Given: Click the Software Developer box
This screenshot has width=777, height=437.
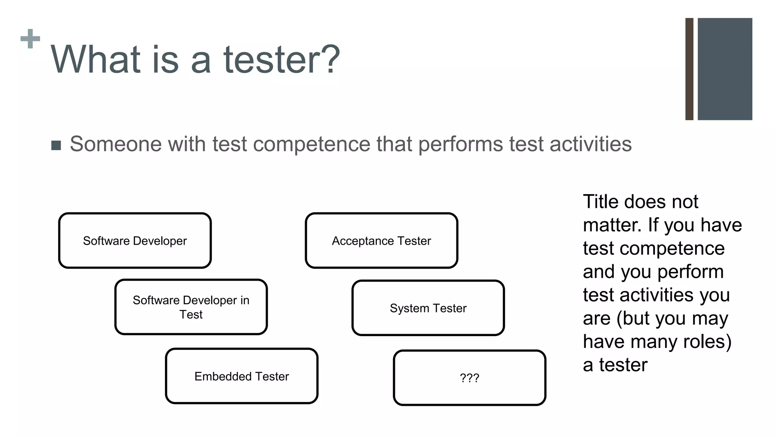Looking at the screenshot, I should (x=135, y=241).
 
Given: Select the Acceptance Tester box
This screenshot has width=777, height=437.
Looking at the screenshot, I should (x=381, y=241).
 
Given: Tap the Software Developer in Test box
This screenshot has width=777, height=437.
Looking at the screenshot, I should (x=191, y=307).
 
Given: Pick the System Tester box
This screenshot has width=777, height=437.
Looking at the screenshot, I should (x=428, y=308).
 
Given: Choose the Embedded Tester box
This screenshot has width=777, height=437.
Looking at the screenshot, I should (x=242, y=376).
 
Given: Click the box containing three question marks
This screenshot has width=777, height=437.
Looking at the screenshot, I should (x=469, y=378).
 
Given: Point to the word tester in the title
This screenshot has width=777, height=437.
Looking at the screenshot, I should (x=281, y=60).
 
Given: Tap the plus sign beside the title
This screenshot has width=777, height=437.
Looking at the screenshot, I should (x=30, y=39).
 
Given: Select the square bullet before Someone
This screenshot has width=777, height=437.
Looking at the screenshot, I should (x=56, y=145).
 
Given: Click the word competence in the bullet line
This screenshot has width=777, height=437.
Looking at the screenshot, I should (x=311, y=144).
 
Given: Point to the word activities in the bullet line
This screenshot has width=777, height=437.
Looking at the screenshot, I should (x=590, y=144).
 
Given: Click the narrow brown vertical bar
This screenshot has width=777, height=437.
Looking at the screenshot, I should (x=689, y=69).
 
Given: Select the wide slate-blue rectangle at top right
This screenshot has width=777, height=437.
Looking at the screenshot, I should (x=725, y=69).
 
